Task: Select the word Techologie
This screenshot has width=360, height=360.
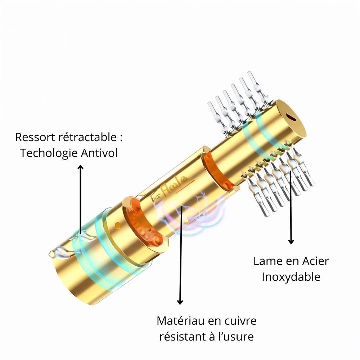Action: point(49,153)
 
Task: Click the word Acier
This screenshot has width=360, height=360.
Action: point(315,261)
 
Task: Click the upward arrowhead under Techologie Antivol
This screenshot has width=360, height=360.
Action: point(80,167)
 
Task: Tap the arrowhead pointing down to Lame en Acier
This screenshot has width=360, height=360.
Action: point(291,242)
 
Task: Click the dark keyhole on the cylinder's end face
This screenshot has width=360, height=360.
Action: point(291,117)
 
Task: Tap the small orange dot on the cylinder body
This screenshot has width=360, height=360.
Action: point(117,225)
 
